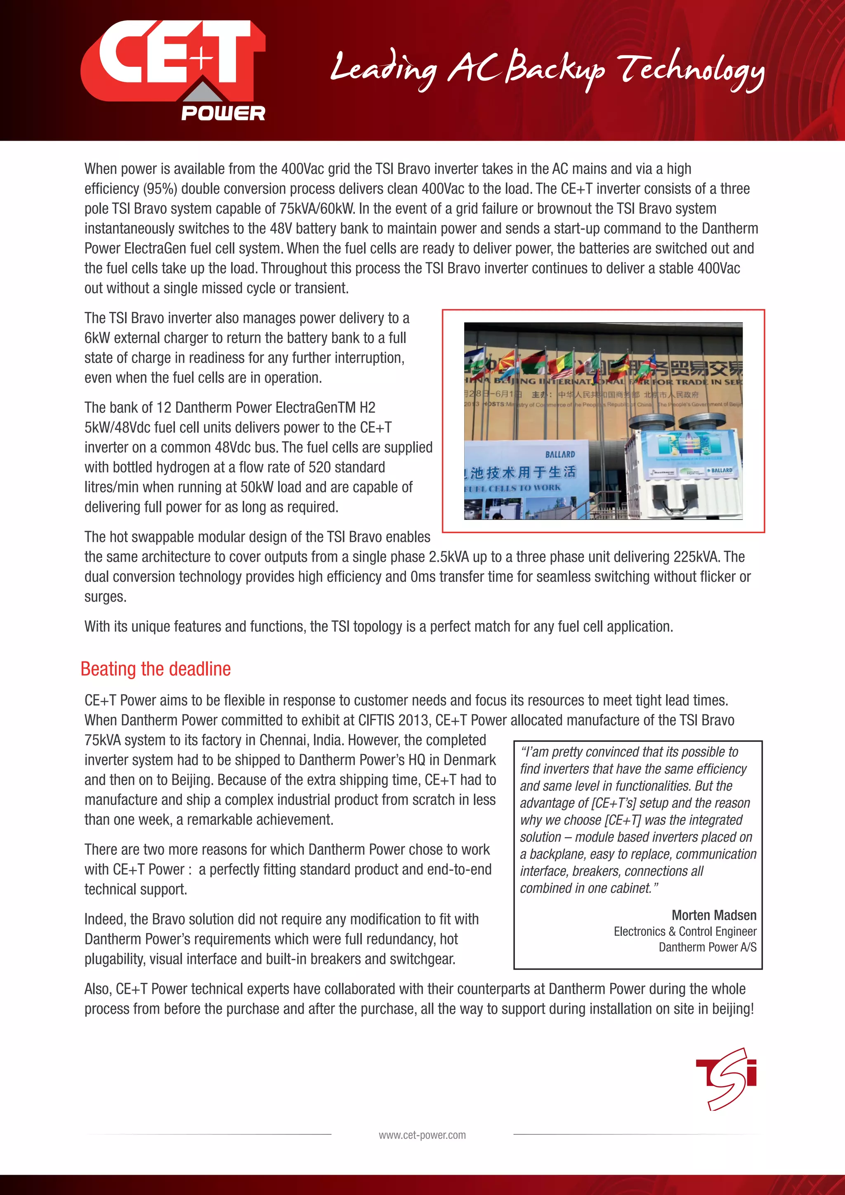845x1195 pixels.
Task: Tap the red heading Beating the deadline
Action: point(156,669)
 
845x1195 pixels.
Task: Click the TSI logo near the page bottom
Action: point(726,1078)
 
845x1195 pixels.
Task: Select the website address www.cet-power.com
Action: point(422,1135)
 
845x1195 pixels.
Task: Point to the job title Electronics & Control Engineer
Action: point(685,931)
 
